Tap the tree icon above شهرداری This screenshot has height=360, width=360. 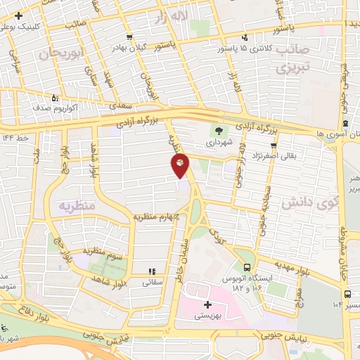click(x=219, y=130)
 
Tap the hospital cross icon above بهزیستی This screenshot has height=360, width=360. click(x=207, y=304)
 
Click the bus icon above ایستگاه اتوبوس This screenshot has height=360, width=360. click(x=247, y=267)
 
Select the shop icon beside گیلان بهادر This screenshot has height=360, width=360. click(x=129, y=37)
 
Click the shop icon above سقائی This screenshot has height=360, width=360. click(x=150, y=271)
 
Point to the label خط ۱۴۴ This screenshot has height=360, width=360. click(x=15, y=138)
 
